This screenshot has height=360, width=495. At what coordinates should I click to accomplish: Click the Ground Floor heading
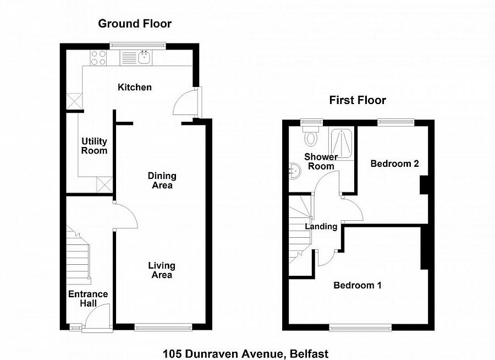coord(135,24)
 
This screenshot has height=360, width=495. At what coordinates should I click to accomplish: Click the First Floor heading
coord(358,100)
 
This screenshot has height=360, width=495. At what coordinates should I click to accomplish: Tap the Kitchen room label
coord(135,87)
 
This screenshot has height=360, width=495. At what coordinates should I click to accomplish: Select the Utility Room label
coord(94,146)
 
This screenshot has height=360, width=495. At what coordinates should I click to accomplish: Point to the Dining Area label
coord(162,181)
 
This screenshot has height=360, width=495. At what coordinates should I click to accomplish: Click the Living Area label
coord(162,270)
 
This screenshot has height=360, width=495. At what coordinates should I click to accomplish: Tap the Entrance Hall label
coord(88,298)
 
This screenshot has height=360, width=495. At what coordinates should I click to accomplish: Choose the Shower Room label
coord(321,161)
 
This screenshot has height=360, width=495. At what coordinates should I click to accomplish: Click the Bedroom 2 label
coord(394,163)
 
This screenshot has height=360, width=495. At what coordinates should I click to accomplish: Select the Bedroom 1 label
coord(358,285)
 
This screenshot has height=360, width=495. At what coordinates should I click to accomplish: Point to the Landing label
coord(322,226)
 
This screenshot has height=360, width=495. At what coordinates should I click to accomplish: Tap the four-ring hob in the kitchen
coord(98,57)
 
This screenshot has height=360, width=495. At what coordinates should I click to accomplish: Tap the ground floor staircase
coord(78,253)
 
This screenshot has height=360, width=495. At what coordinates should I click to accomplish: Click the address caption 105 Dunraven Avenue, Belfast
coord(245,353)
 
